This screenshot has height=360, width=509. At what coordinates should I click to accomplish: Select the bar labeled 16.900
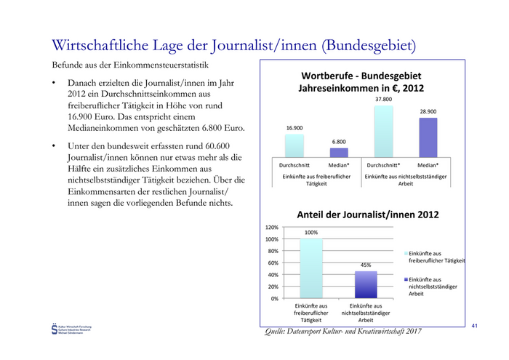click(294, 145)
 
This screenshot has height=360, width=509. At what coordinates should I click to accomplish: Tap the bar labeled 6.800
click(339, 153)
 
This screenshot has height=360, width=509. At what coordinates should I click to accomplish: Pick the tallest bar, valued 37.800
click(383, 131)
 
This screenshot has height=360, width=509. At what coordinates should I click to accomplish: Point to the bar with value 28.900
click(428, 137)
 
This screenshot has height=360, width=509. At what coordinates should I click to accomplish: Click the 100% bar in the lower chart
click(312, 268)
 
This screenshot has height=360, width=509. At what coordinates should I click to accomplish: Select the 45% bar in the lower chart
click(366, 284)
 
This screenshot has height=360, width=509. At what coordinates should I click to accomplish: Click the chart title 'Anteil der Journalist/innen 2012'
click(366, 215)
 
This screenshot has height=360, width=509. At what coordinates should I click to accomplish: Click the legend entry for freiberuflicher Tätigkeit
click(436, 257)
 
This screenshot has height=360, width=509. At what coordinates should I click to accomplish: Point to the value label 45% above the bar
click(365, 265)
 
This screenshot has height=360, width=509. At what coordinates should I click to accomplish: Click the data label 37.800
click(383, 99)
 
